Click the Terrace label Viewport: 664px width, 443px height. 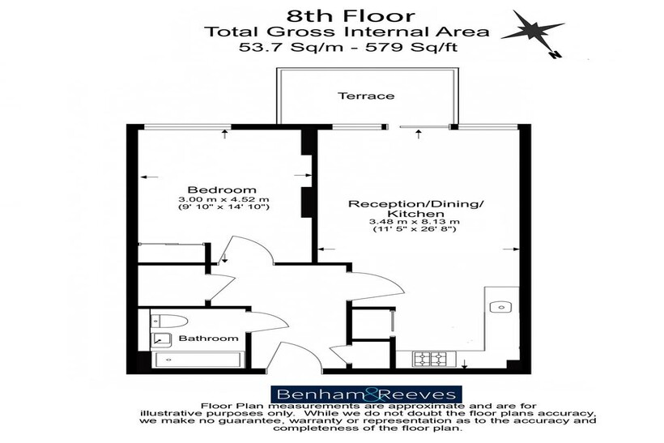point(366,96)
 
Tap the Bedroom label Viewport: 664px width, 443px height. point(222,190)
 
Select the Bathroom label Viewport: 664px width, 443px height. point(208,338)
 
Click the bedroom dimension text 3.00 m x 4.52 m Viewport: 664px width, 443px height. point(223,199)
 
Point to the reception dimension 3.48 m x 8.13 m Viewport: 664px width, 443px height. point(414,222)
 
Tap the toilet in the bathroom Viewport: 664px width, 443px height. point(169,321)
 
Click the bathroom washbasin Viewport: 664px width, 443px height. point(161,339)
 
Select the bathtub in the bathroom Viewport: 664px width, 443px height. point(198,360)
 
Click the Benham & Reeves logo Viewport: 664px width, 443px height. point(366,394)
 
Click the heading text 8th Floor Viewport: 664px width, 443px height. point(351,16)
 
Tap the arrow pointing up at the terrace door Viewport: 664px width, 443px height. point(419,134)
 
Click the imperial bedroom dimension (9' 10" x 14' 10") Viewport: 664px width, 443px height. point(223,207)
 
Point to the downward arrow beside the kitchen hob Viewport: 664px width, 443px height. point(465,364)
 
